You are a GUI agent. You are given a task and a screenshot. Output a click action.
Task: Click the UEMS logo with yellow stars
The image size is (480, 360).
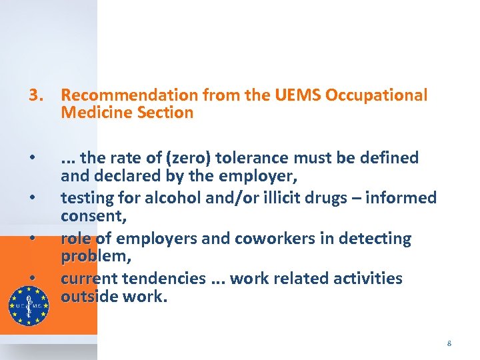click(28, 305)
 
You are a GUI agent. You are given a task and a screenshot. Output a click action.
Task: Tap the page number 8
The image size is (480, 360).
click(449, 343)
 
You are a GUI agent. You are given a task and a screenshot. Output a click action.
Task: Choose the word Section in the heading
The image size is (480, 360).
click(165, 113)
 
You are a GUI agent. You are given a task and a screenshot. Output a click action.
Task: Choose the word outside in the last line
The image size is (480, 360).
click(89, 295)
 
